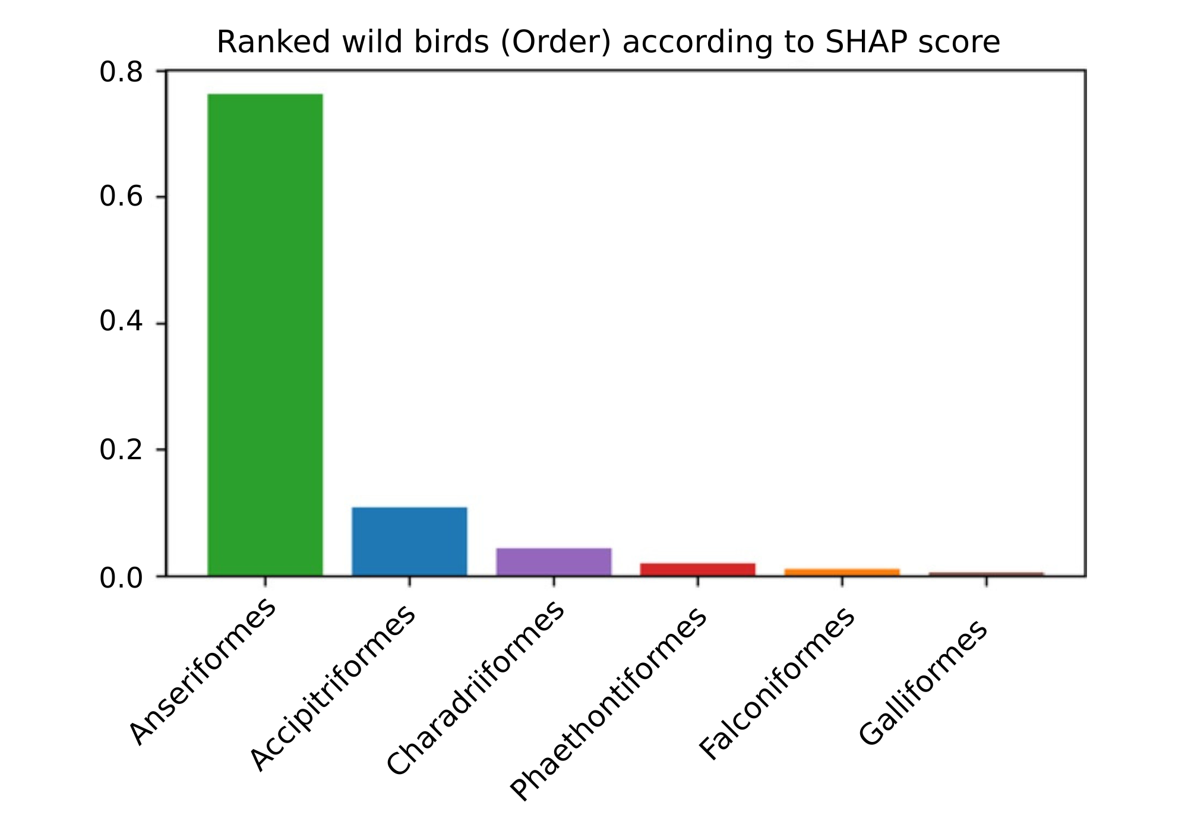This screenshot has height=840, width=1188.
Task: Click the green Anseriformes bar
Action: click(x=265, y=334)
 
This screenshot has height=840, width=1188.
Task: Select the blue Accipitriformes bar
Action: click(x=409, y=541)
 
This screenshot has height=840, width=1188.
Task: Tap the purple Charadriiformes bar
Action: click(x=554, y=561)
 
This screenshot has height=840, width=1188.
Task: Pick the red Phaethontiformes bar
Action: click(x=698, y=569)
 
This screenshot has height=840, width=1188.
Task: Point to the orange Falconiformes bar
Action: click(x=842, y=572)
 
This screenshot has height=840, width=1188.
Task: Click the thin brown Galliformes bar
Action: click(x=986, y=574)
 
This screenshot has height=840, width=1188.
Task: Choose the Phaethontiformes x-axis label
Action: click(x=609, y=704)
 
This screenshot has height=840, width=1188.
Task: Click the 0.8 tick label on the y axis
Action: click(x=121, y=72)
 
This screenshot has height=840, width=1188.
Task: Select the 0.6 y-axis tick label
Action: click(x=121, y=197)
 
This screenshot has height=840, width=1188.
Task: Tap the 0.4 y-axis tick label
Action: click(x=121, y=323)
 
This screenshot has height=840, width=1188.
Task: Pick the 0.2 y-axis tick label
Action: click(x=121, y=450)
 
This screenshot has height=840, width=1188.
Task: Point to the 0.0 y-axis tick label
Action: click(x=121, y=578)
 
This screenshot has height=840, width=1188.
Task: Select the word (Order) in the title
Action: click(x=555, y=43)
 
